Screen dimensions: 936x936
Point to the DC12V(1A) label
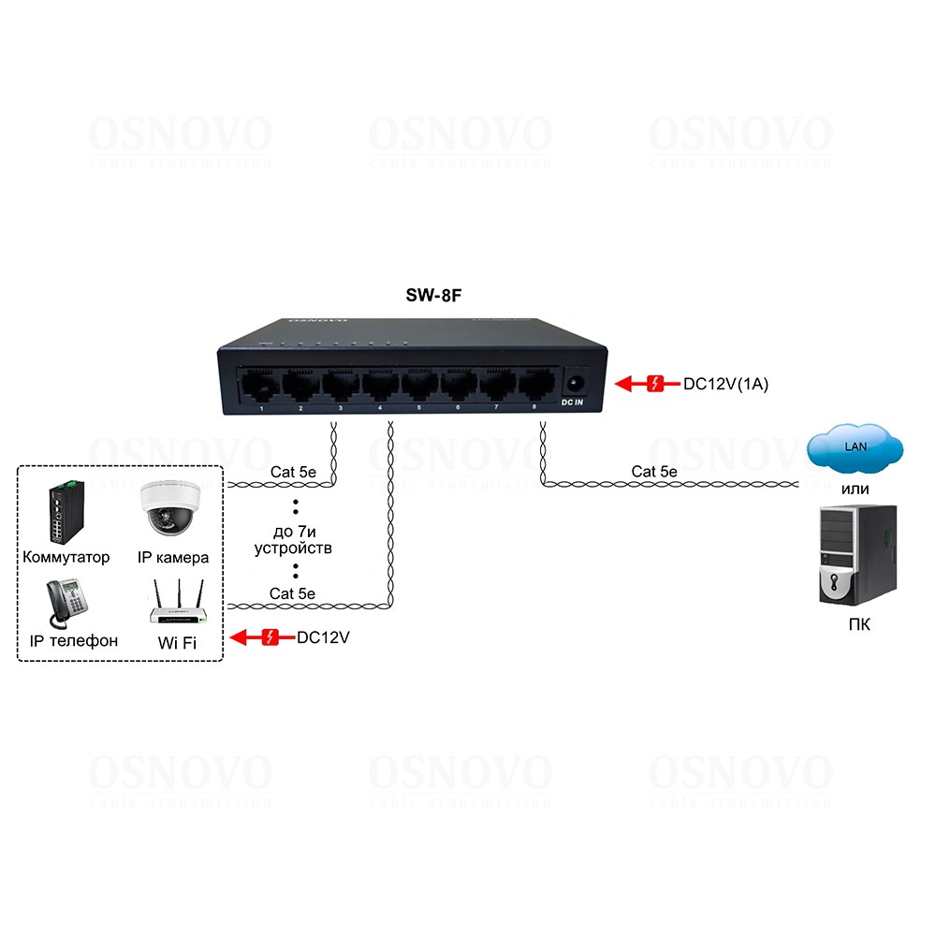pos(725,384)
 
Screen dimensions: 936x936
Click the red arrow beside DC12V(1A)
pos(640,384)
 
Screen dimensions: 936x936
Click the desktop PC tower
pos(857,554)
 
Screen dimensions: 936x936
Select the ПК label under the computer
pos(857,624)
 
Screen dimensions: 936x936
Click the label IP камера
pos(173,558)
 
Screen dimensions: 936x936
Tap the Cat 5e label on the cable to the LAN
pos(653,472)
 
